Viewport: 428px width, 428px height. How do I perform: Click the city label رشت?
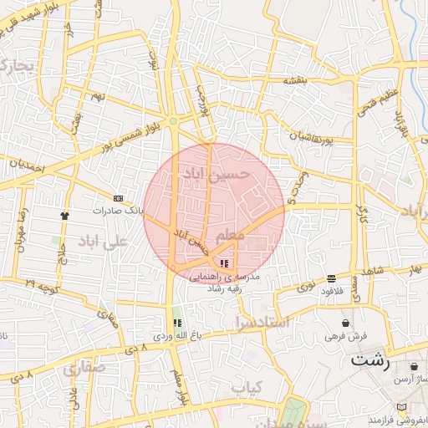pos(369,361)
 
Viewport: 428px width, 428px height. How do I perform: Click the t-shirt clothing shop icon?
pos(64,215)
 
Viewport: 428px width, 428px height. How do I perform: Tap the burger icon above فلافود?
pos(332,278)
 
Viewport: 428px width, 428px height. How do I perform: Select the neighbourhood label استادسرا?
pos(262,321)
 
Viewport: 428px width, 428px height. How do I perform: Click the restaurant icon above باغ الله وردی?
pos(176,323)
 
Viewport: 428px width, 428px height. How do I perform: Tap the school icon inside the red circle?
pos(223,263)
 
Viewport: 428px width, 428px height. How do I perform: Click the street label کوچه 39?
pos(42,286)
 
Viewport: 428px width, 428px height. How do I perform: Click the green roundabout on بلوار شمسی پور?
pos(173,122)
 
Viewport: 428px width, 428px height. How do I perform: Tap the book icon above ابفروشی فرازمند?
pos(402,407)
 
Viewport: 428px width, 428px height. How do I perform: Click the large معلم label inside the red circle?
pos(231,236)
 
